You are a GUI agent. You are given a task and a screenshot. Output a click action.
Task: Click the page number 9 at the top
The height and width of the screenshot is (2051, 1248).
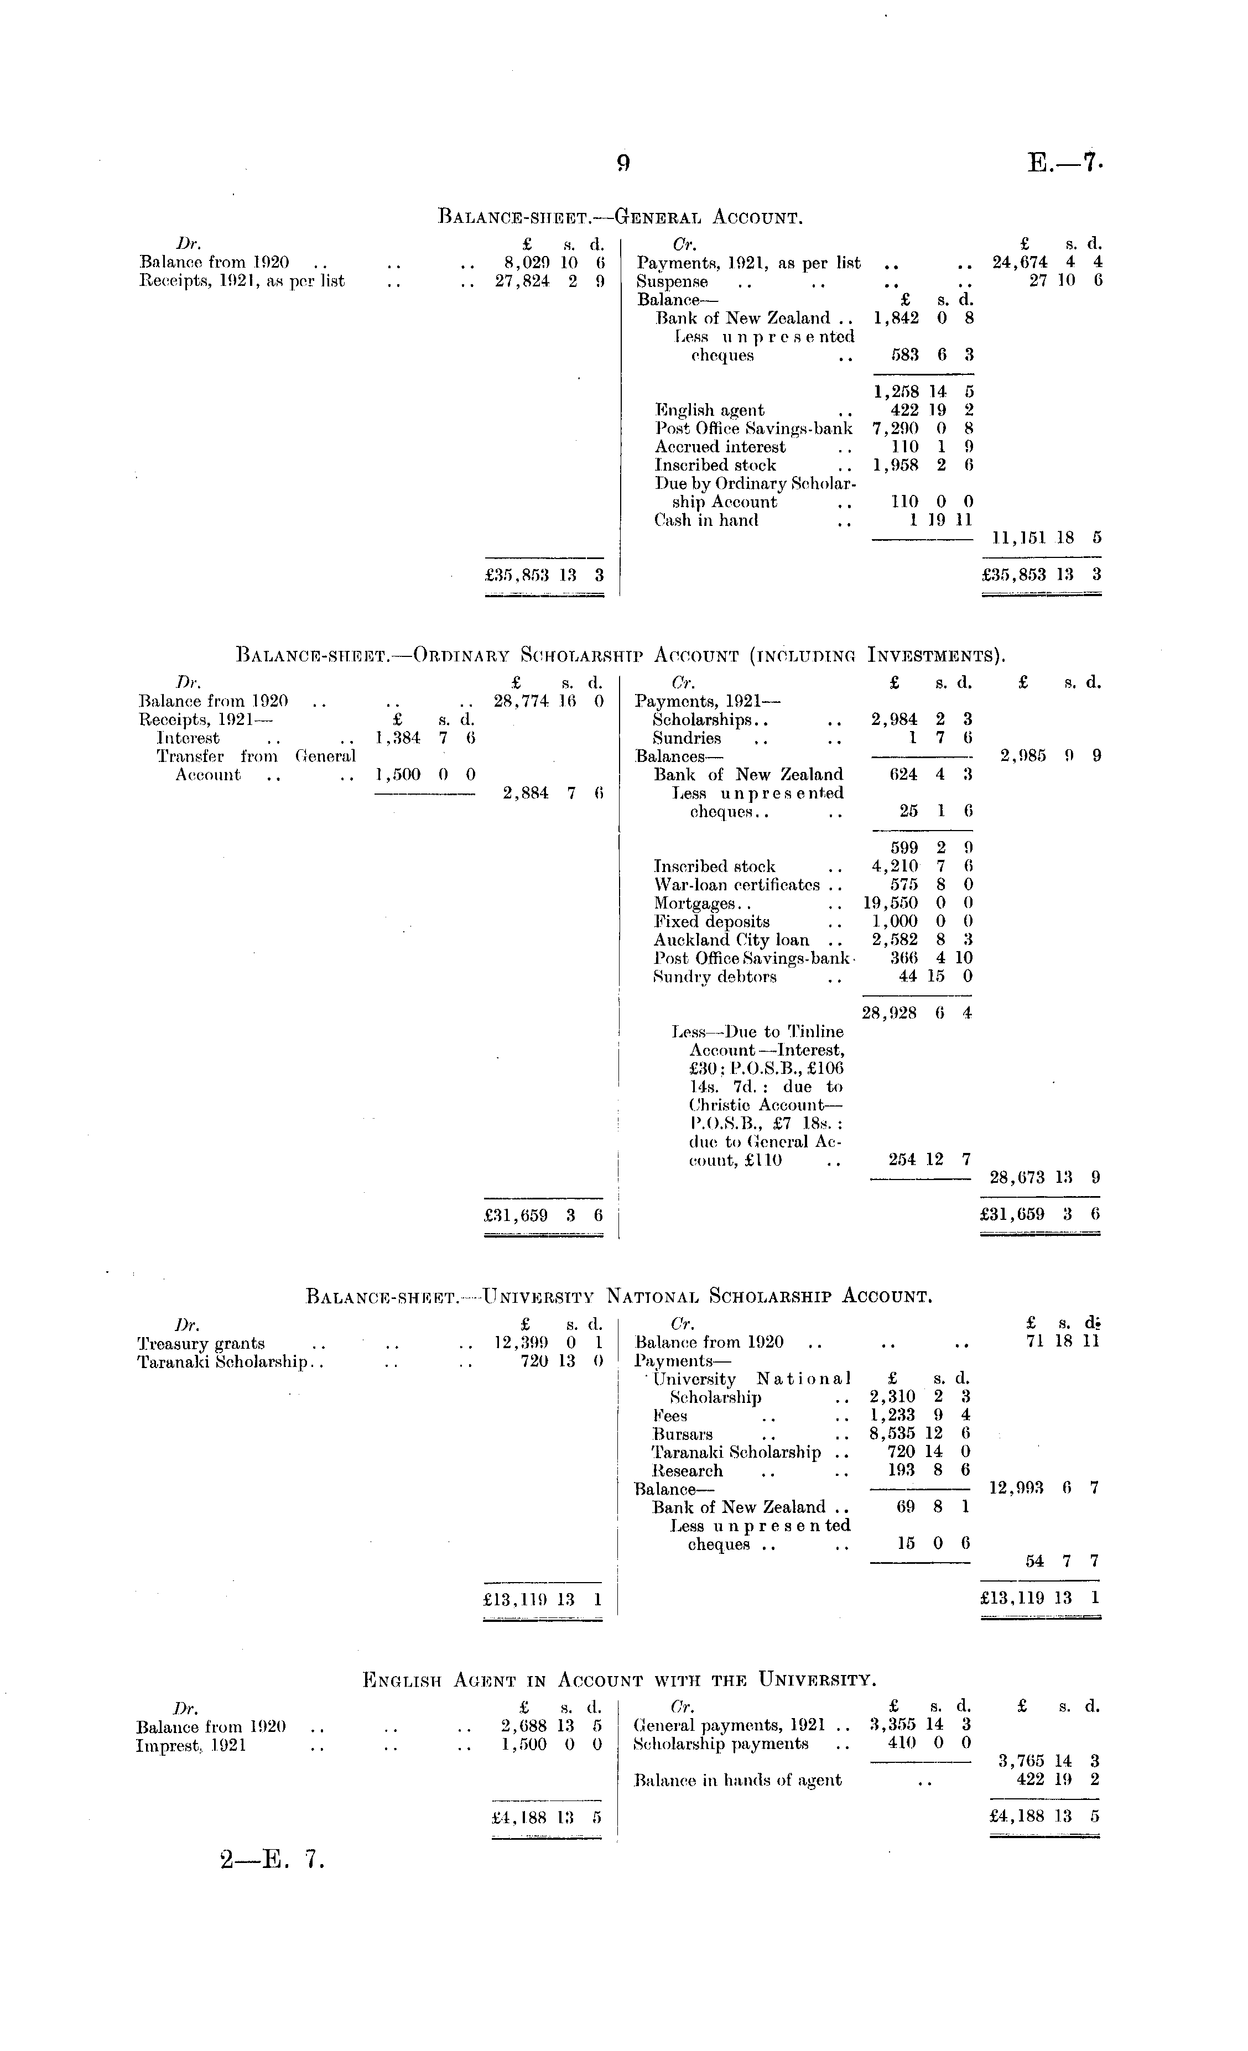click(x=623, y=163)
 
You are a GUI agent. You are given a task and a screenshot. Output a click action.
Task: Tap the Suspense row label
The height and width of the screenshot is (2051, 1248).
click(x=672, y=281)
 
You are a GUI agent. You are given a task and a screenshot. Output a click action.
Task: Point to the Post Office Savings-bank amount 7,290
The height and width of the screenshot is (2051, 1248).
click(x=896, y=429)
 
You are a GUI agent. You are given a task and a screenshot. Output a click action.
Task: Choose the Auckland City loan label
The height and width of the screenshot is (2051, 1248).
click(x=731, y=940)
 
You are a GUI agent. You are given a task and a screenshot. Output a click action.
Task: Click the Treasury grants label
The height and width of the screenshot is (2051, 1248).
click(x=201, y=1344)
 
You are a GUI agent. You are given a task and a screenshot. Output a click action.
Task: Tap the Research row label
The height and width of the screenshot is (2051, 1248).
click(x=688, y=1470)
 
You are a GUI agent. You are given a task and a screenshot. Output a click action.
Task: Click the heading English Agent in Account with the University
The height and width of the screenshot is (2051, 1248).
click(x=620, y=1679)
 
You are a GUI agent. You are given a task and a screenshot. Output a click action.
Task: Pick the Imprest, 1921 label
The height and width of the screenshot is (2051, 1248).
click(x=191, y=1745)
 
